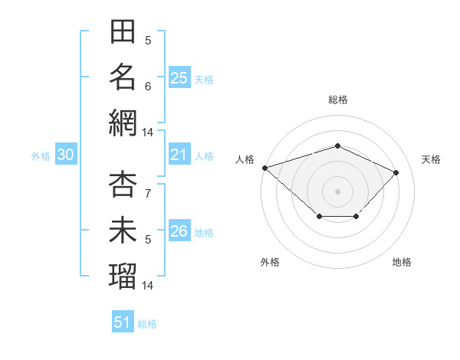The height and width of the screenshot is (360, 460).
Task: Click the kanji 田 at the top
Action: point(123,31)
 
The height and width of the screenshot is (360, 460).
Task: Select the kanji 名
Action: point(123,77)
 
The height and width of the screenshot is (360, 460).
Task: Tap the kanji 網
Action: point(123,123)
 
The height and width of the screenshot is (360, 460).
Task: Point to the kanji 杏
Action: point(123,184)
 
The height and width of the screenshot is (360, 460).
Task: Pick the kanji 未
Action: point(123,230)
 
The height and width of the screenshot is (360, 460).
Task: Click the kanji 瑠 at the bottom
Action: point(123,276)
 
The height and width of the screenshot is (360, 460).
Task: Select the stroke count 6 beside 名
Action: point(148,87)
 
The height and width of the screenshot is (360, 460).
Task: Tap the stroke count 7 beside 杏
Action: point(148,194)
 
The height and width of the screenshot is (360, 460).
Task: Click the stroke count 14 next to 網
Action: point(147,133)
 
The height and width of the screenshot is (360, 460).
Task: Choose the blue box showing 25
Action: point(179,77)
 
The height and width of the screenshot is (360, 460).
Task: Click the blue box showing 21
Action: point(179,154)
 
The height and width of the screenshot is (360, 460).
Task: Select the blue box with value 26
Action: point(179,230)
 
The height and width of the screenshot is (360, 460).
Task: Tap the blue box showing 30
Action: point(66,154)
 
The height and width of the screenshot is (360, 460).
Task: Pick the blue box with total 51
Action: point(123,321)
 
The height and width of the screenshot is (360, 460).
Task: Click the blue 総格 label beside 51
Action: point(147,324)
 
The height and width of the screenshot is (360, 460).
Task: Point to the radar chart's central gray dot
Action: point(337,191)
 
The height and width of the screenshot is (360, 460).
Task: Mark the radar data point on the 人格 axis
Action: point(265,168)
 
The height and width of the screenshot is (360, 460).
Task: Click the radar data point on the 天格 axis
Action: point(396,172)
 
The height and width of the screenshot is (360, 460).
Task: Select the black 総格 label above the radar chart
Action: point(338,100)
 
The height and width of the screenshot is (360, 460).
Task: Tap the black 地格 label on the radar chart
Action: point(402,262)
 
